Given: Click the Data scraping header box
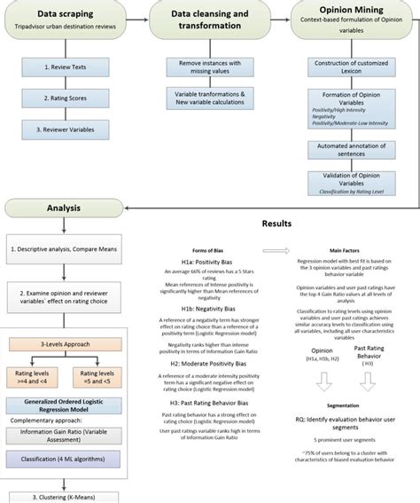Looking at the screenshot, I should (x=66, y=20).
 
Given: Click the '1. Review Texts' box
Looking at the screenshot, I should (x=66, y=67).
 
